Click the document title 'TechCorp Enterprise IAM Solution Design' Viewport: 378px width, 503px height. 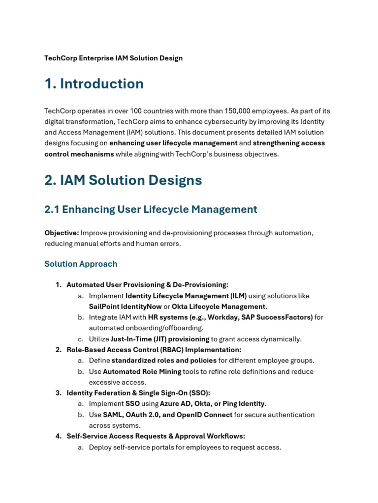113,58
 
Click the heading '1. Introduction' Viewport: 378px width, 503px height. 94,84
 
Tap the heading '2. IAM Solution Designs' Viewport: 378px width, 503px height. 123,180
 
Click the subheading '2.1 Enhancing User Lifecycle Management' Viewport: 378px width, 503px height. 151,209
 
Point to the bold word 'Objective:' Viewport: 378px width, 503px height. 62,233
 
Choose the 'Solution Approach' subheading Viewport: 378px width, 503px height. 81,264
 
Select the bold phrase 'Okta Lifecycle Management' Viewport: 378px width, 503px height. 219,307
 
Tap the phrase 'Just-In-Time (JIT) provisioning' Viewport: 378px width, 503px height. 160,339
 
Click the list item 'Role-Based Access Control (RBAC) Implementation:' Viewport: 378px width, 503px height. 154,350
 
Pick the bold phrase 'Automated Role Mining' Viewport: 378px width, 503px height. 142,371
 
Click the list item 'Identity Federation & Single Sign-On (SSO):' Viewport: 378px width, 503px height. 138,393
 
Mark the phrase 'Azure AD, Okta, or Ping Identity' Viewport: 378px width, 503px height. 212,404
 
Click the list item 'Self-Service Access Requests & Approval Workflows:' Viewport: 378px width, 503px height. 156,436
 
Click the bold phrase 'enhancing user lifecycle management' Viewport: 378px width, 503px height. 173,143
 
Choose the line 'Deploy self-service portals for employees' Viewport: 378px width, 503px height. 185,447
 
